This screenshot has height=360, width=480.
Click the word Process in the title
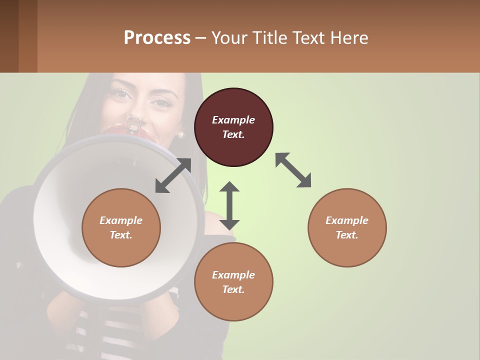coord(157,38)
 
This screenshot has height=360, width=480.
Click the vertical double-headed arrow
coord(229,205)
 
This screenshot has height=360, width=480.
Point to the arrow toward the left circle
coord(173,175)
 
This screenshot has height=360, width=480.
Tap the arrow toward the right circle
coord(293,170)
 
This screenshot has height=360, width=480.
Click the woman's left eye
coord(161,102)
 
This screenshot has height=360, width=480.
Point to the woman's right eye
coord(120,93)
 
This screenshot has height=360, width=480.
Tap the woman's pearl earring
coord(181,134)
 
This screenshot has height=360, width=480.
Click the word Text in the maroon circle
coord(233,134)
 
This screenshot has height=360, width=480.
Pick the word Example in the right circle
coord(347,220)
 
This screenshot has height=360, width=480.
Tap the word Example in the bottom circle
coord(233,275)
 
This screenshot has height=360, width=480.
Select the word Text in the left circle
coord(121,235)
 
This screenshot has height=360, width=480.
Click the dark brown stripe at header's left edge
coord(9,36)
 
